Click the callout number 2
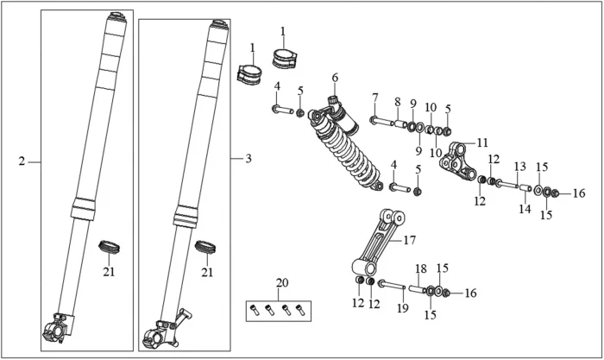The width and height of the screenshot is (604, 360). tap(22, 161)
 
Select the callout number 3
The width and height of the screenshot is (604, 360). tap(249, 158)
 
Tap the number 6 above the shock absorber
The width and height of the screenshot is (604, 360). tap(335, 78)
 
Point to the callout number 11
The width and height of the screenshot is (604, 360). tap(482, 142)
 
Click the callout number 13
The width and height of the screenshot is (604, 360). tap(520, 167)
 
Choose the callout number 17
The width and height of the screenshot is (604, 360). tap(410, 240)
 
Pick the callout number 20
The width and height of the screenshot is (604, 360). tap(282, 283)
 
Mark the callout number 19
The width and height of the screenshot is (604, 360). tap(403, 308)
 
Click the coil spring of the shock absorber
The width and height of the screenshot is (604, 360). tap(347, 155)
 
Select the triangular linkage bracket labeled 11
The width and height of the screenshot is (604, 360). tap(457, 162)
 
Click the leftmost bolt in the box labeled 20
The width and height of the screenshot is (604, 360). tap(254, 310)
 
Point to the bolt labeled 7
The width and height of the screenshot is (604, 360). tap(381, 122)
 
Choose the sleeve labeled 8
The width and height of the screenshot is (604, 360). tap(400, 125)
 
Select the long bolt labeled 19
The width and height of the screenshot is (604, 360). tap(392, 286)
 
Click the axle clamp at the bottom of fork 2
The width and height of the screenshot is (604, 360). tap(58, 328)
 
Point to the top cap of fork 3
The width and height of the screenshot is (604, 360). tap(219, 24)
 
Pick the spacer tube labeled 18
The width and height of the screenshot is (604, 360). tap(417, 288)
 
